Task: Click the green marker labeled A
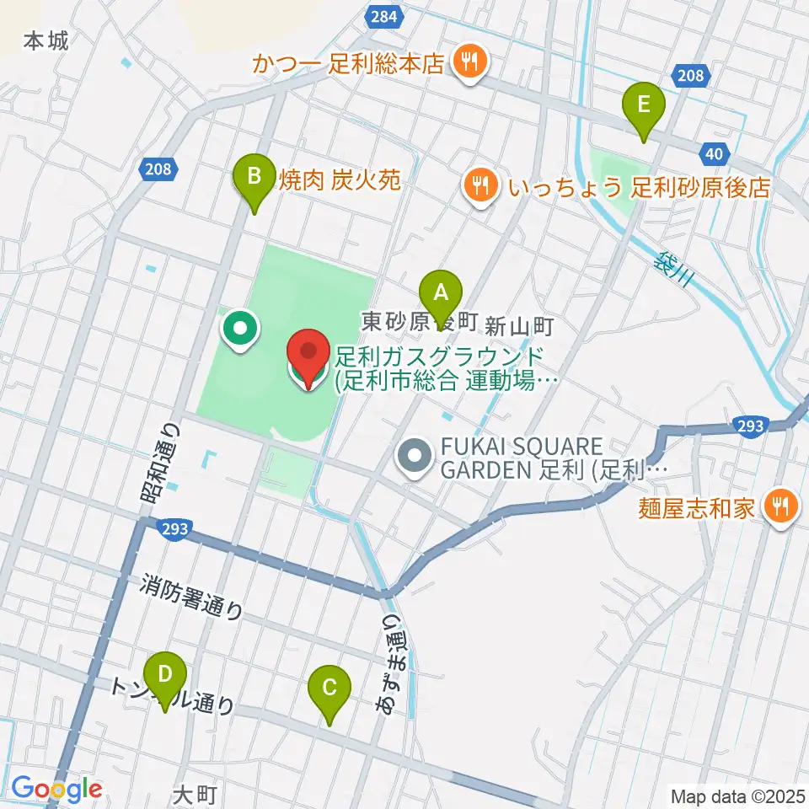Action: pos(440,294)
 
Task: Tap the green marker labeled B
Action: pos(253,179)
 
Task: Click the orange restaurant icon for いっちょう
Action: pos(480,185)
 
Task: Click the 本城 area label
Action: pos(46,40)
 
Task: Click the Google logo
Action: pos(56,789)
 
